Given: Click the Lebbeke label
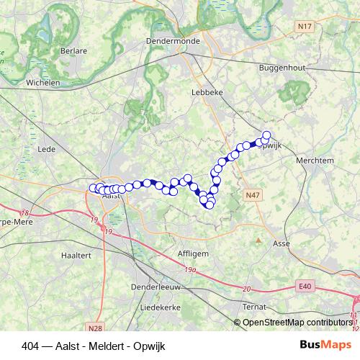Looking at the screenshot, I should point(205,92).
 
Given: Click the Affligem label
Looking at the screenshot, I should point(192,253).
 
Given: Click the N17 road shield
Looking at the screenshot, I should point(305,27).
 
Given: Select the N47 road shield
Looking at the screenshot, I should point(251,195).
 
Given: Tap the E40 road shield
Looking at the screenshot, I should point(305,287).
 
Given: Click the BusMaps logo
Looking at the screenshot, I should point(325,344).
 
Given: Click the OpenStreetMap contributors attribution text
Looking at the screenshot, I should point(297,322).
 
